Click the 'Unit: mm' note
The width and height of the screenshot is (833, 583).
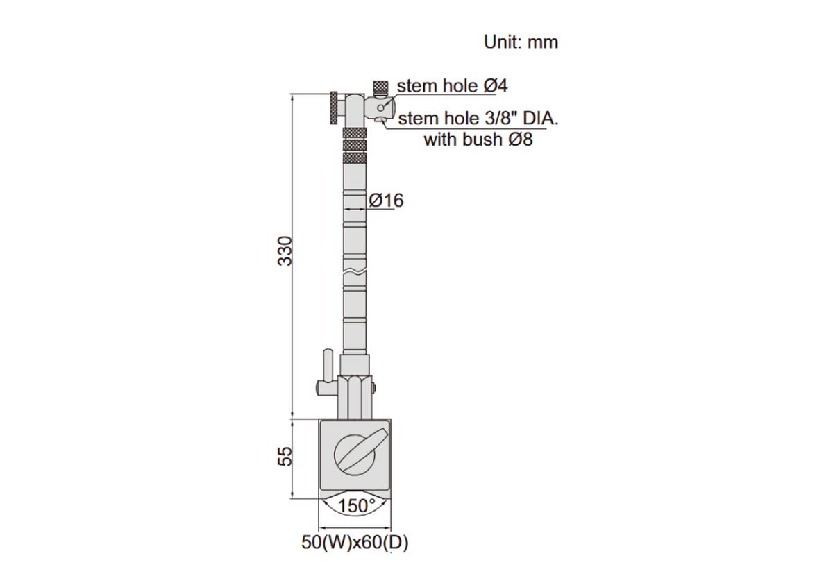click(521, 42)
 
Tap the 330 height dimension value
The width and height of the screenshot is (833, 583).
click(285, 251)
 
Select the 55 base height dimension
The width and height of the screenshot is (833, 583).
click(285, 456)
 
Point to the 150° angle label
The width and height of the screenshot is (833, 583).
click(356, 506)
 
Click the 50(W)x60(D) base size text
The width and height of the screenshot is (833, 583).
click(355, 543)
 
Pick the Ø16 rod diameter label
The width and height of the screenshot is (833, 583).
click(386, 201)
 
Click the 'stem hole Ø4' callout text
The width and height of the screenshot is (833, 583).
click(452, 86)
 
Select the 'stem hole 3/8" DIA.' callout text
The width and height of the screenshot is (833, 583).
click(478, 119)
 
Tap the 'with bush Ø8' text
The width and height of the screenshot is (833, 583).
click(478, 140)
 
